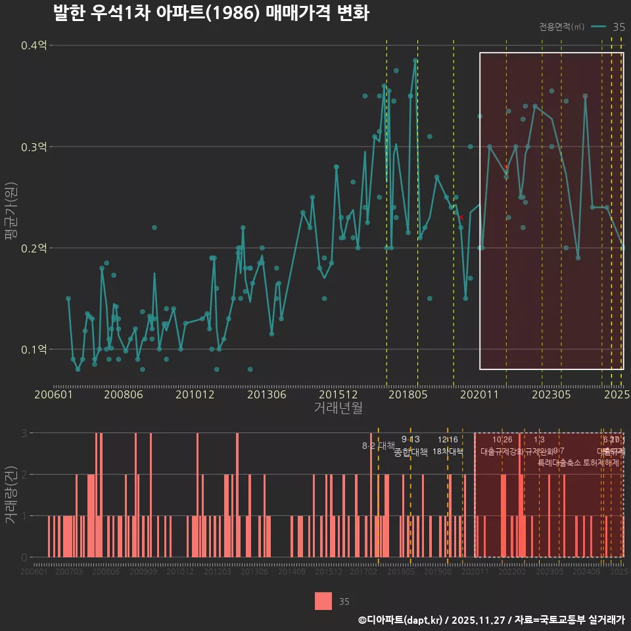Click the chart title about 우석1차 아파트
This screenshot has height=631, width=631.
pyautogui.click(x=211, y=14)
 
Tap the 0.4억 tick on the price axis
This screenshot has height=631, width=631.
pyautogui.click(x=34, y=46)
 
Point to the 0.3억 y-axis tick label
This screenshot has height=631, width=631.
pyautogui.click(x=34, y=147)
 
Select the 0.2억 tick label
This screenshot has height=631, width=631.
pyautogui.click(x=34, y=248)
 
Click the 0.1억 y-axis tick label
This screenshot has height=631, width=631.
pyautogui.click(x=34, y=350)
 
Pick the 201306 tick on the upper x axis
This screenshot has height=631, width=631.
pyautogui.click(x=266, y=394)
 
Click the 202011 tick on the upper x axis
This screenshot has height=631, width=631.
pyautogui.click(x=479, y=394)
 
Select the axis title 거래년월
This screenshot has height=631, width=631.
pyautogui.click(x=338, y=408)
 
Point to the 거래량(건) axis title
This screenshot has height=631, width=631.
pyautogui.click(x=9, y=495)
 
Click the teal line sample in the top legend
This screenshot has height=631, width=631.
pyautogui.click(x=598, y=27)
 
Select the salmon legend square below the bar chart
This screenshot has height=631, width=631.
pyautogui.click(x=323, y=601)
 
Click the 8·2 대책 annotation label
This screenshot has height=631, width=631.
pyautogui.click(x=378, y=446)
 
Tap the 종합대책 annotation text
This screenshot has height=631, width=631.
pyautogui.click(x=411, y=452)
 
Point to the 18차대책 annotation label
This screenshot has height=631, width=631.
pyautogui.click(x=448, y=452)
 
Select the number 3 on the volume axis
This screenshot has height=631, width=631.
pyautogui.click(x=24, y=433)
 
